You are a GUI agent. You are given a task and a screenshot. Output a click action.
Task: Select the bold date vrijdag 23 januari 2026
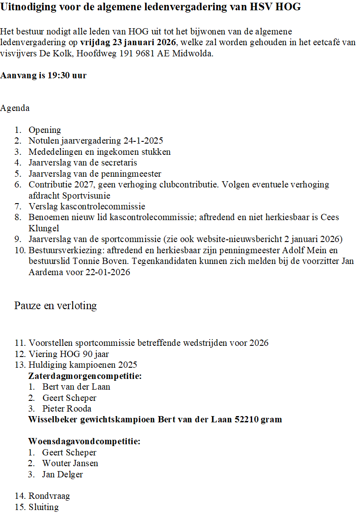pos(129,43)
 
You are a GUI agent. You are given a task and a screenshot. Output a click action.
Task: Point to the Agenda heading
pos(15,108)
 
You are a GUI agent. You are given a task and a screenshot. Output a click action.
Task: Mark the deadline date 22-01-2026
pos(108,272)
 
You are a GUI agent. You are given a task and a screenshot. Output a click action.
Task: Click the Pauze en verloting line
pos(56,306)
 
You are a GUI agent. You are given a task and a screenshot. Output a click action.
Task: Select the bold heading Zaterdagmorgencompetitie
pos(85,376)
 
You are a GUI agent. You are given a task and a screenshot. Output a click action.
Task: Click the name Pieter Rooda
pos(67,408)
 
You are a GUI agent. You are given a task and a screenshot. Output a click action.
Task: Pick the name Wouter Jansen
pos(70,463)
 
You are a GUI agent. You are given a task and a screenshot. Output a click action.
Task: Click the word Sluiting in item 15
pos(43,507)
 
